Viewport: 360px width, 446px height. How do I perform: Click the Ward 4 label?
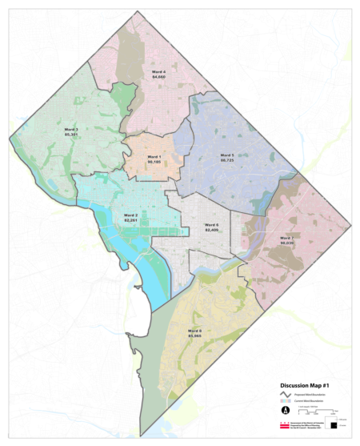click(x=158, y=71)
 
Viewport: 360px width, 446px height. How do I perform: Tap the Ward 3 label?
click(x=72, y=128)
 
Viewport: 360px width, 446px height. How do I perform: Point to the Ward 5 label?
click(x=227, y=155)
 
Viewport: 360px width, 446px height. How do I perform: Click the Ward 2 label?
click(x=131, y=215)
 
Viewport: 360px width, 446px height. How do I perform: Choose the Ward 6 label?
click(x=211, y=225)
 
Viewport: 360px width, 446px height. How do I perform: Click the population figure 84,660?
click(x=158, y=77)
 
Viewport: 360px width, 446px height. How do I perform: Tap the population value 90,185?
click(x=154, y=162)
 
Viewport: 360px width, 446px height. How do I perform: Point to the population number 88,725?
click(x=227, y=160)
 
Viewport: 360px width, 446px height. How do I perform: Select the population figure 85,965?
click(x=194, y=336)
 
